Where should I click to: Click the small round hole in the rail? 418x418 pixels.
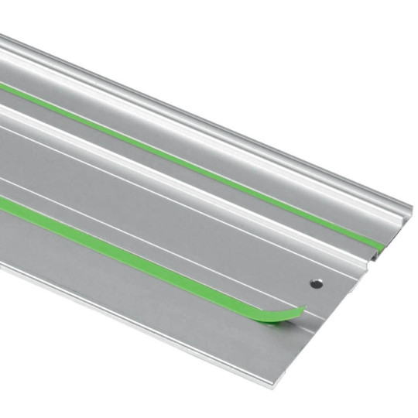(315, 284)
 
